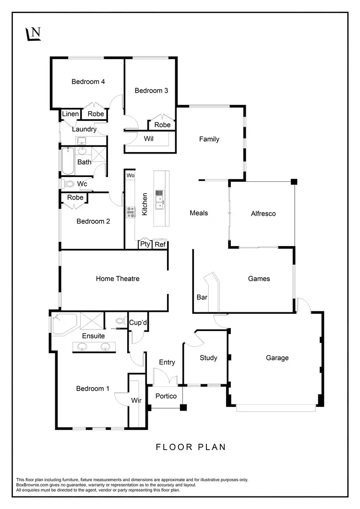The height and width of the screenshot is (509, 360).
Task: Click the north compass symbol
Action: point(33,34)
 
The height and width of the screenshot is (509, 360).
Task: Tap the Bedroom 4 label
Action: point(88,82)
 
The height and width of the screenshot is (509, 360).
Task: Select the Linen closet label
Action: point(71,114)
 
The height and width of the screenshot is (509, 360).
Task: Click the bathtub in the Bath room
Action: point(68,161)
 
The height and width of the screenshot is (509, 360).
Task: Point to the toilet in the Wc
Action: point(69,184)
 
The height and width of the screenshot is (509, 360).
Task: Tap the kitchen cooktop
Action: point(130,212)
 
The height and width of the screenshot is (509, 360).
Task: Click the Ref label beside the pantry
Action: point(160,244)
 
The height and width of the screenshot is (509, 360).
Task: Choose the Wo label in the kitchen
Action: point(130,176)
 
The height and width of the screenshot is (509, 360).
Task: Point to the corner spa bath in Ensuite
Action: point(64,323)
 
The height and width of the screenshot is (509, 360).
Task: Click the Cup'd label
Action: point(138,323)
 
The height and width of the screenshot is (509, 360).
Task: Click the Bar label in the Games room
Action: point(202,297)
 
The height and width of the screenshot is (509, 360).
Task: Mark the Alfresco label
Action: point(264,213)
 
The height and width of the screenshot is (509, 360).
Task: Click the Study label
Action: point(208,358)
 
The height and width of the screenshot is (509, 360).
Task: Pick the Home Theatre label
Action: point(118,278)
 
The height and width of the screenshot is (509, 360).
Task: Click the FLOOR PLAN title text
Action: point(191,447)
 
